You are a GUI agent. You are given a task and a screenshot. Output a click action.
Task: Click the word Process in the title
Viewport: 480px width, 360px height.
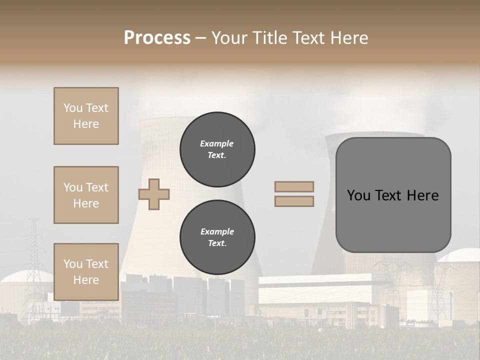(157, 37)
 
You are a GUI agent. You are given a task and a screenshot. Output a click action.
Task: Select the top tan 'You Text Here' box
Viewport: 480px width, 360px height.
(86, 116)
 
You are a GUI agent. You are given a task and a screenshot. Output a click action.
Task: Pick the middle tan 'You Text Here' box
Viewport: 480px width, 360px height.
(86, 195)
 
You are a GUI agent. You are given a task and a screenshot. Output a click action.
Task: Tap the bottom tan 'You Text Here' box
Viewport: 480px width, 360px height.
(86, 271)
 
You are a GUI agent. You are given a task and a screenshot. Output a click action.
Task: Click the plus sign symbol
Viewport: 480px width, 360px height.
(154, 193)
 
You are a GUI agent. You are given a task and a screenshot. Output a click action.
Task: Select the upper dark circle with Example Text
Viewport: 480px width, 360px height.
(217, 149)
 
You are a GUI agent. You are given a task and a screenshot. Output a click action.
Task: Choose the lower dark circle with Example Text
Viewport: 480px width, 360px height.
(217, 237)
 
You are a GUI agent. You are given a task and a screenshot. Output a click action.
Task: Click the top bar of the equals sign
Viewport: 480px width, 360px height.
(294, 186)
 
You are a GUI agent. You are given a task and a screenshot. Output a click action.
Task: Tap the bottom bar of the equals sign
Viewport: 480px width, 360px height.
(294, 201)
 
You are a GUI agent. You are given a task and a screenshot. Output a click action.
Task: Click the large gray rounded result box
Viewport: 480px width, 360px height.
(393, 220)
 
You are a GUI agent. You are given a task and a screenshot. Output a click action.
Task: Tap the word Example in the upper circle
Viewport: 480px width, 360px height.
(217, 143)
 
